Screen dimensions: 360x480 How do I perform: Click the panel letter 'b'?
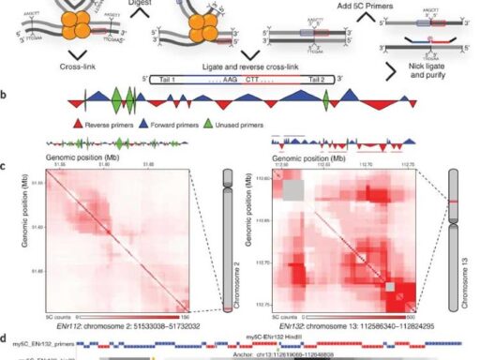point(7,95)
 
